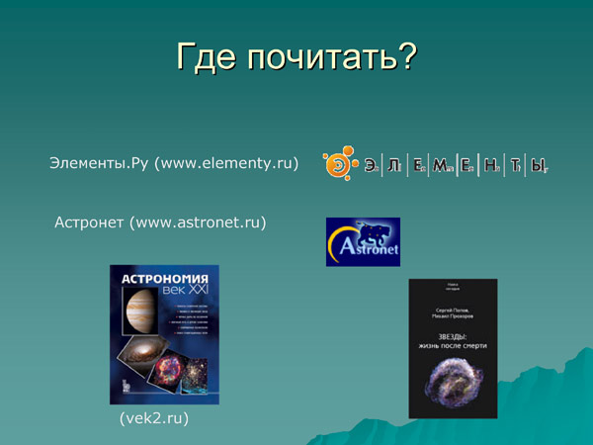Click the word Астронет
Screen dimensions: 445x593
pyautogui.click(x=89, y=222)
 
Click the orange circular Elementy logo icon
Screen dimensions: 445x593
pyautogui.click(x=337, y=164)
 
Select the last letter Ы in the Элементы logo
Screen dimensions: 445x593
pyautogui.click(x=538, y=165)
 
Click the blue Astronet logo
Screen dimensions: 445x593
pyautogui.click(x=363, y=241)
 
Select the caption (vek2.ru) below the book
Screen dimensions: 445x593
pyautogui.click(x=153, y=419)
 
